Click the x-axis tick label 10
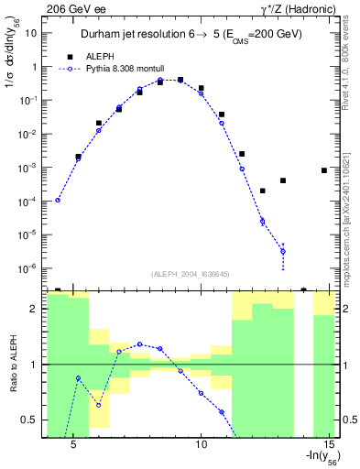[203, 443]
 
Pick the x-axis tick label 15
[331, 443]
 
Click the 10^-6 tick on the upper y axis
[27, 268]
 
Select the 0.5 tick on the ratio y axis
[29, 420]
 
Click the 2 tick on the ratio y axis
[34, 309]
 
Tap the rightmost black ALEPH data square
[324, 170]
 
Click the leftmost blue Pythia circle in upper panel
[58, 200]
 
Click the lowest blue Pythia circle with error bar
[283, 251]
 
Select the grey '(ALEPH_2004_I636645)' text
[191, 275]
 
